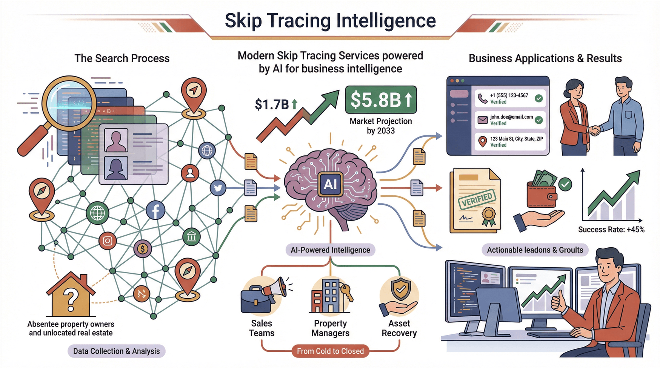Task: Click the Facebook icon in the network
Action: coord(155,210)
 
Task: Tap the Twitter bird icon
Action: coord(218,188)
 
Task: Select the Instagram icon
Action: coord(108,241)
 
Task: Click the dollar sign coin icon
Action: coord(142,248)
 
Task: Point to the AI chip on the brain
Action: coord(330,184)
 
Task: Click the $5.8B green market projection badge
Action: coord(381,100)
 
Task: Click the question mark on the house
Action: coord(71,300)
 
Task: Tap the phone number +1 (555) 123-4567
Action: coord(509,96)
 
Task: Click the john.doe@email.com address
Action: coord(511,117)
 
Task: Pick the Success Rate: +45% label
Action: coord(611,230)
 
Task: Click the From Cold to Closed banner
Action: coord(330,351)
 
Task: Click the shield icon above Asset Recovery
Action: coord(400,290)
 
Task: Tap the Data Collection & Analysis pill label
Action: coord(116,351)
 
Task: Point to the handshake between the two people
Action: coord(595,130)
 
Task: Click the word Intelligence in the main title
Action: coord(386,21)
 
